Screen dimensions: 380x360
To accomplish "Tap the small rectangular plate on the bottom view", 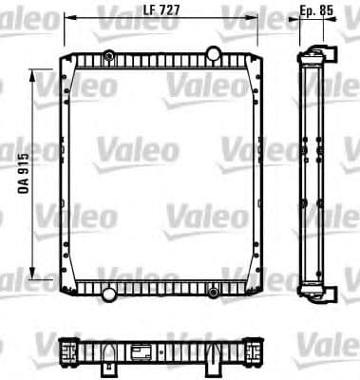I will point(142,351).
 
